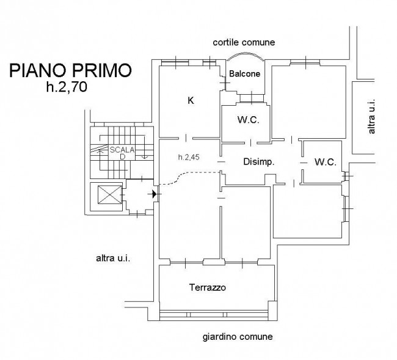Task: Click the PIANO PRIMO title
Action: (x=71, y=70)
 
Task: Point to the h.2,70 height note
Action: (x=67, y=87)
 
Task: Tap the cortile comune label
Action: (x=244, y=42)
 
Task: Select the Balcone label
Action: (x=244, y=74)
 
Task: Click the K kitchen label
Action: (x=191, y=101)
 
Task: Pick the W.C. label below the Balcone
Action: (x=249, y=120)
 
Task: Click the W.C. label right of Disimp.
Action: (x=326, y=162)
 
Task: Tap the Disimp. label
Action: (x=259, y=161)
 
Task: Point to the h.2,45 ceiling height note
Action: (x=189, y=157)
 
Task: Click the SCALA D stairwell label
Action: (x=122, y=153)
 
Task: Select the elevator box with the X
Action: (x=109, y=194)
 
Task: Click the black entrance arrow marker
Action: (x=154, y=194)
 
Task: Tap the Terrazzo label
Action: (x=208, y=287)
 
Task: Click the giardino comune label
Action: (x=238, y=337)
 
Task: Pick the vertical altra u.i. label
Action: (x=371, y=116)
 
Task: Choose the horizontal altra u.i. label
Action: (x=113, y=259)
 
